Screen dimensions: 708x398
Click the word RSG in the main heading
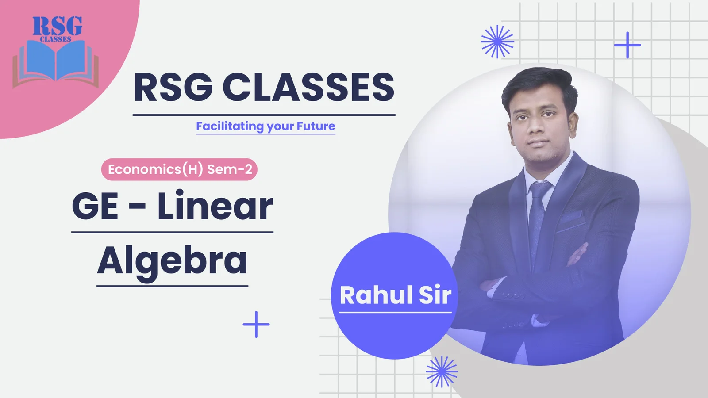pos(173,87)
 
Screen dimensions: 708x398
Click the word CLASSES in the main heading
pos(308,87)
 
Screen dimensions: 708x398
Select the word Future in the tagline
pos(316,126)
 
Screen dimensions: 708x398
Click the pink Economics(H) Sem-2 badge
pos(179,169)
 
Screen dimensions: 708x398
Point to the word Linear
pos(215,206)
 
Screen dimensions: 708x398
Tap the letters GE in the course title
pos(95,207)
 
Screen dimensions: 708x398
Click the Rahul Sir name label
pos(396,295)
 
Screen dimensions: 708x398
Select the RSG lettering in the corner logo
pos(57,26)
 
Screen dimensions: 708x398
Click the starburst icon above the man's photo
pos(497,42)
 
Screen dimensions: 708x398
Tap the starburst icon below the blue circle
pos(442,371)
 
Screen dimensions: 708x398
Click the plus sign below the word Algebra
pos(256,325)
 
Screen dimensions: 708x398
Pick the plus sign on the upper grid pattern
pos(627,45)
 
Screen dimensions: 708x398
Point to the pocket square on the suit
pos(571,217)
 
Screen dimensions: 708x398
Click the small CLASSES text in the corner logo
pos(56,39)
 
